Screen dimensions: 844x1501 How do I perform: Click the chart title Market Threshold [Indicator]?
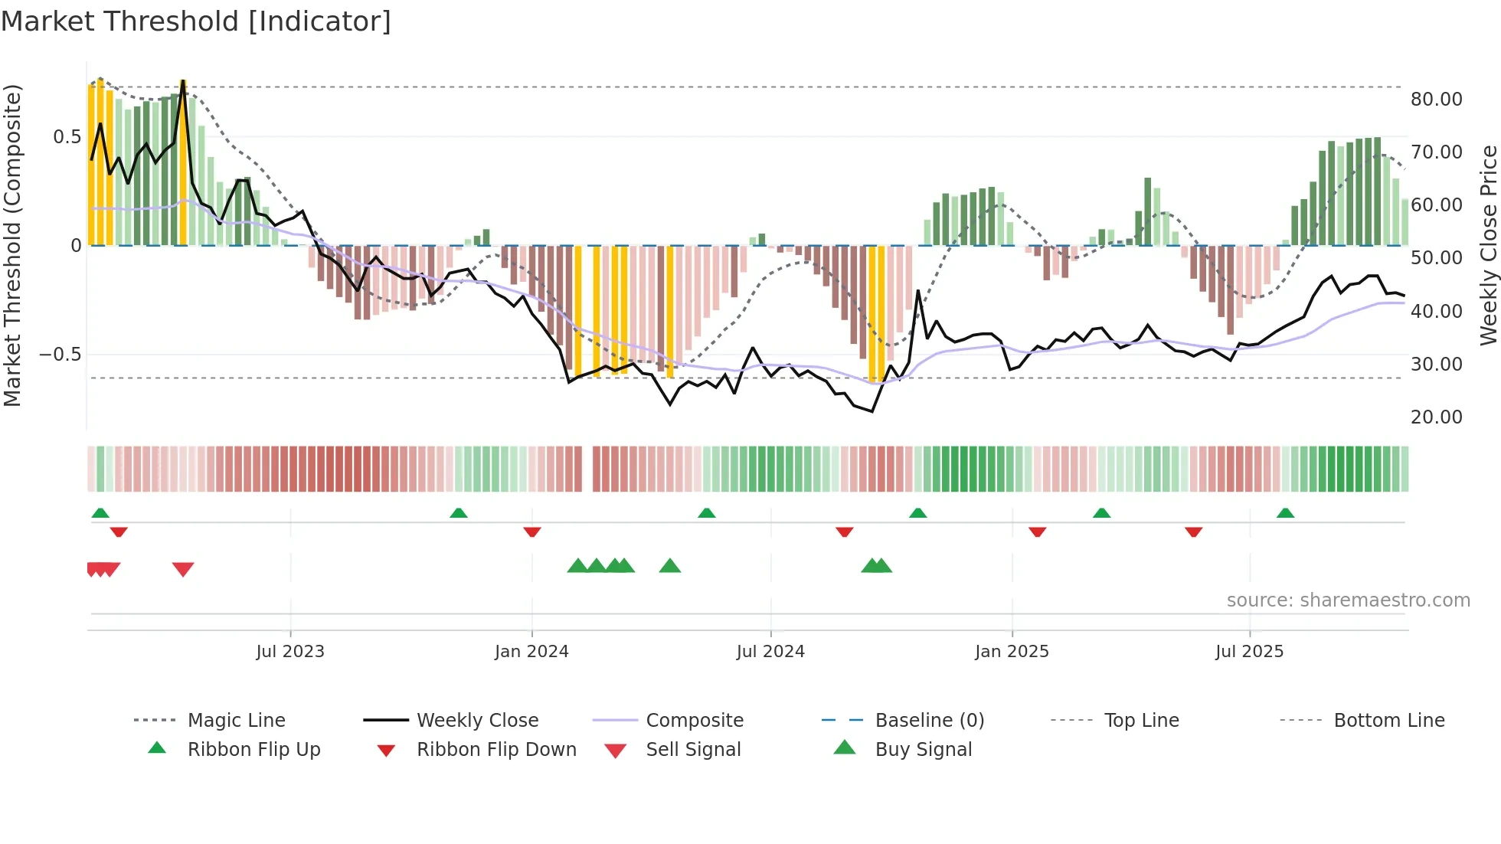click(x=196, y=21)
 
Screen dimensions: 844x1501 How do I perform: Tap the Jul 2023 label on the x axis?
click(x=290, y=652)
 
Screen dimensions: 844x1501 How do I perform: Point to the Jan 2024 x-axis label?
click(x=531, y=652)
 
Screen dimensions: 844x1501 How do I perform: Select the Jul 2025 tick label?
click(x=1249, y=652)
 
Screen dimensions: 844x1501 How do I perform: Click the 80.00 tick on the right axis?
click(x=1436, y=100)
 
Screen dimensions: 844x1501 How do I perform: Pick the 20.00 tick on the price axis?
click(x=1436, y=417)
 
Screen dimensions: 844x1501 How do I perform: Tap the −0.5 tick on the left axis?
click(x=60, y=355)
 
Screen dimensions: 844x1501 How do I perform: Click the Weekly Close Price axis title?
click(x=1488, y=245)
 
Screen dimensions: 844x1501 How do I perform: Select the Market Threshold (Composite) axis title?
click(x=12, y=245)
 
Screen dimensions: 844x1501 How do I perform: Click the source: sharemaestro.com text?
click(x=1348, y=600)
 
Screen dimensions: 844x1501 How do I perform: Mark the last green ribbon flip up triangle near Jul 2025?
click(x=1285, y=513)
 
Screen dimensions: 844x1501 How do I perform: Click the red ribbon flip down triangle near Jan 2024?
click(x=532, y=532)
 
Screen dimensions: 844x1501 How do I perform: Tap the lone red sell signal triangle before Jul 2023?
click(x=183, y=569)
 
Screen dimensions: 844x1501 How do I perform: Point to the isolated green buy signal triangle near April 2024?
click(x=670, y=566)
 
